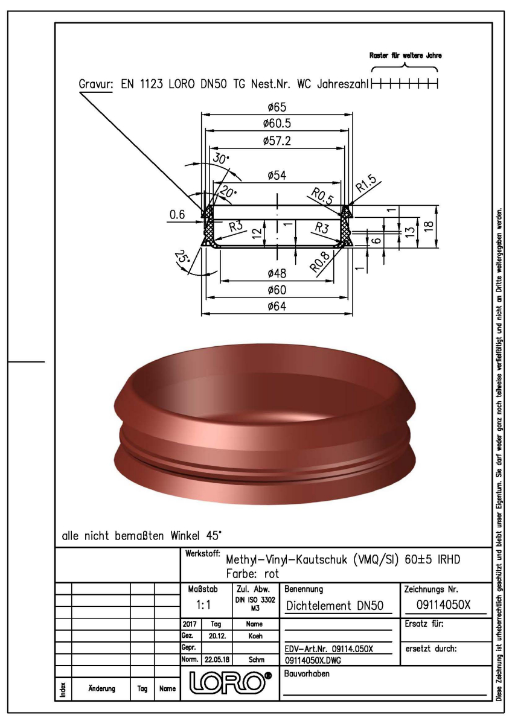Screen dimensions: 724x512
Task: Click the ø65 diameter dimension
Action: [278, 107]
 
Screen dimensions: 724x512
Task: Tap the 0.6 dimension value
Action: [177, 215]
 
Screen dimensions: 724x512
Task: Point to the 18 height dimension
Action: [427, 225]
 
